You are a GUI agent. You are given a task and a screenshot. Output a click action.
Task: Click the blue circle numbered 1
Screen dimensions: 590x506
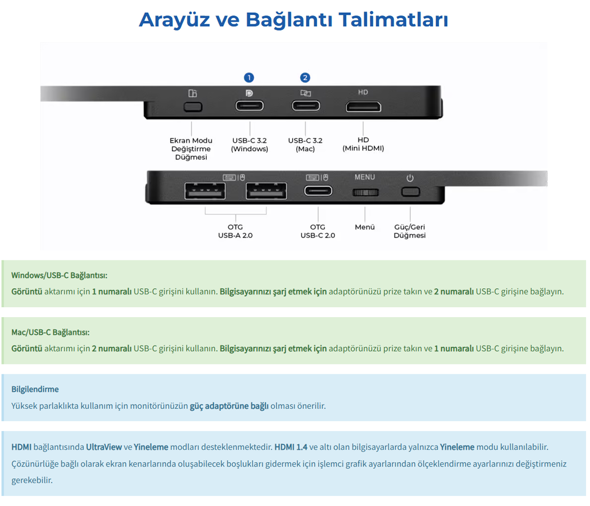[x=249, y=78]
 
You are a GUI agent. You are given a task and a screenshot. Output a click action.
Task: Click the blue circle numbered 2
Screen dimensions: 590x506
[x=305, y=78]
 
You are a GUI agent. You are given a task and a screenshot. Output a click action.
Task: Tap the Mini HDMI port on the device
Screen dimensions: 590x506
[x=363, y=107]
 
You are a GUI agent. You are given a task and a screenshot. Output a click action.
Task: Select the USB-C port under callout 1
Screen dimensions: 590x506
[x=249, y=106]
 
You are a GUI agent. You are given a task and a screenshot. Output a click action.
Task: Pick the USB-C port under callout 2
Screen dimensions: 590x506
[x=306, y=106]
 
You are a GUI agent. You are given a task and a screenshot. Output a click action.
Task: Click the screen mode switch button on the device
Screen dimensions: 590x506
[x=193, y=107]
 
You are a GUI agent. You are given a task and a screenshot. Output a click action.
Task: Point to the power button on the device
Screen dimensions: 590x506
[x=410, y=192]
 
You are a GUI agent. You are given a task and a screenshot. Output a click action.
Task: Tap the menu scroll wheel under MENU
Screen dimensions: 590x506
[x=365, y=193]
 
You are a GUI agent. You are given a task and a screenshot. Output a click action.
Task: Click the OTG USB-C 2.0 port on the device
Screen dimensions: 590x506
[x=318, y=191]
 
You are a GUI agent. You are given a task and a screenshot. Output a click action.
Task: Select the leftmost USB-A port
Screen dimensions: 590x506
[x=204, y=191]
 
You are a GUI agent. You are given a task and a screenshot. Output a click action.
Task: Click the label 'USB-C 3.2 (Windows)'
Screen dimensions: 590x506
[x=249, y=144]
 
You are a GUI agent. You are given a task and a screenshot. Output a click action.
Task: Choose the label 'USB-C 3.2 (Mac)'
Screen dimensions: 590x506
[x=305, y=144]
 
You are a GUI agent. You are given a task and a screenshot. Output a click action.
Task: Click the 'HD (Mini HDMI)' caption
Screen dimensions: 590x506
[x=363, y=144]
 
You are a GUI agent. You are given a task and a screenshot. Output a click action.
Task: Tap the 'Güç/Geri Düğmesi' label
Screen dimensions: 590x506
[x=409, y=231]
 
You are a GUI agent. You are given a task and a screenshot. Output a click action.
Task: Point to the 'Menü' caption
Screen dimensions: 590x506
[x=364, y=227]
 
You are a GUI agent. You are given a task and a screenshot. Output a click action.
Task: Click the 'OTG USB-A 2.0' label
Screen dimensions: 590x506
[x=235, y=231]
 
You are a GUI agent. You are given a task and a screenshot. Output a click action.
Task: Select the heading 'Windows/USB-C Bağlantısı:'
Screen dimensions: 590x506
[x=59, y=275]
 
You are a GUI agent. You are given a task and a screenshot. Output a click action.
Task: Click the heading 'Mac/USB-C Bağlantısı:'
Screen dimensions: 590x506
[x=51, y=333]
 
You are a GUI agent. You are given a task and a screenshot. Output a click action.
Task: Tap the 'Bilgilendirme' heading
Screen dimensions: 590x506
[x=35, y=389]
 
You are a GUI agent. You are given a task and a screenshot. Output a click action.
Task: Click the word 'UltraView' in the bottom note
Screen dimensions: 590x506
[x=104, y=447]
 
